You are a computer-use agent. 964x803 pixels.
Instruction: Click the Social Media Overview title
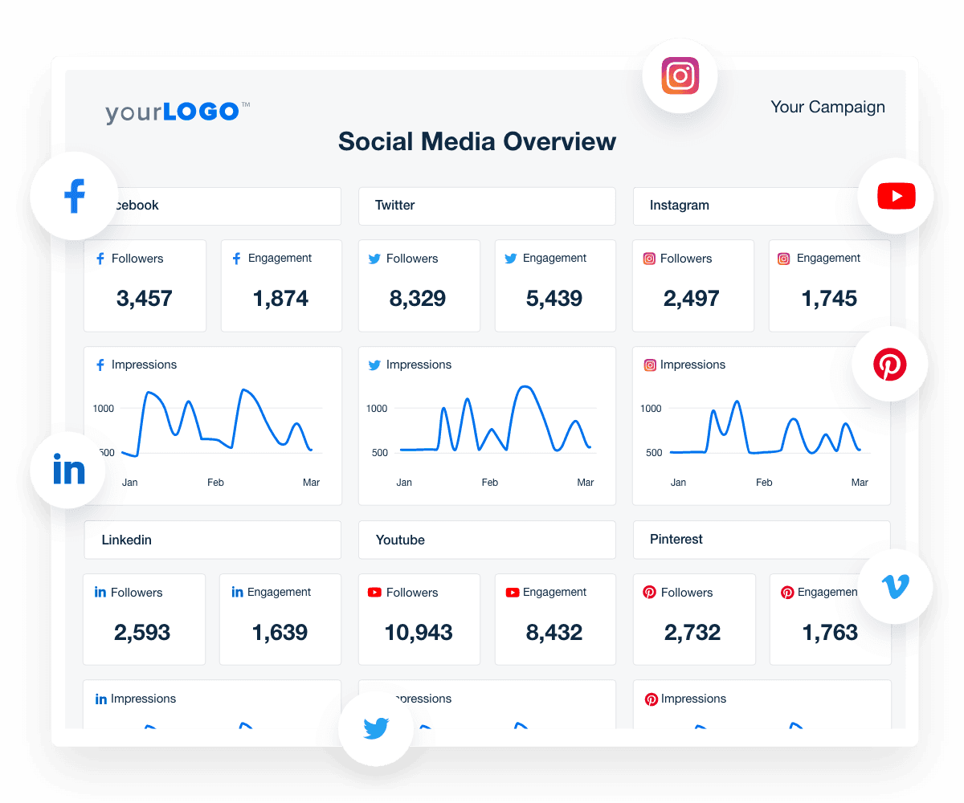(476, 141)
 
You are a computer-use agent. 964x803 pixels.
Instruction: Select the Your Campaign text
(827, 107)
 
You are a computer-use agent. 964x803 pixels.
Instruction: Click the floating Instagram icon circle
(680, 76)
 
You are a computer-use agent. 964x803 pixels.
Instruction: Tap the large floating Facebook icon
(74, 196)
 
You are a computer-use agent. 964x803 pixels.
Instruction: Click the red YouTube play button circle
(896, 196)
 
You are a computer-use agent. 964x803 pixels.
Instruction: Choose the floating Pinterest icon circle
(889, 365)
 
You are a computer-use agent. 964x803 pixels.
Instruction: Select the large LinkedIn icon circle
(68, 470)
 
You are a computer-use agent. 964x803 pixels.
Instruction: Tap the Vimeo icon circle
(895, 587)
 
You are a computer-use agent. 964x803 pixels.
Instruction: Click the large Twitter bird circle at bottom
(375, 728)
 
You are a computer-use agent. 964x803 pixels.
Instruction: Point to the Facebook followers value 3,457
(145, 299)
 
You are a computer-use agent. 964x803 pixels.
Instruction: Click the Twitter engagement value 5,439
(554, 299)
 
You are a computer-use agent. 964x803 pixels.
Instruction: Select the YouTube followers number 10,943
(419, 633)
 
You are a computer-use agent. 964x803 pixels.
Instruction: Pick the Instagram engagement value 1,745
(829, 299)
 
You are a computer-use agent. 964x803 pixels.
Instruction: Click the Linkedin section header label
(127, 540)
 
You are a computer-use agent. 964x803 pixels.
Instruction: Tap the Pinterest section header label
(676, 539)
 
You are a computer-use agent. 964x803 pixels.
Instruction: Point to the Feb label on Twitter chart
(489, 483)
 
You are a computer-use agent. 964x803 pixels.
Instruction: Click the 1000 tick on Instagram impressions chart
(651, 408)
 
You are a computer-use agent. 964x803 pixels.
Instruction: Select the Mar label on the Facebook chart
(311, 483)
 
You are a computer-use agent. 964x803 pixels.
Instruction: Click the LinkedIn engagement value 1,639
(280, 633)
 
